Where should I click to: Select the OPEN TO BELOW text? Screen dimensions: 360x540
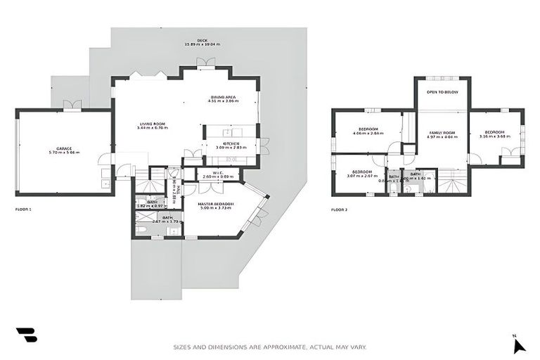click(443, 92)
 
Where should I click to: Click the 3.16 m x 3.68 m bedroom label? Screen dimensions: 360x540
click(494, 134)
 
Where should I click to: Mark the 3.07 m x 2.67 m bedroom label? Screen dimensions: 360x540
click(362, 174)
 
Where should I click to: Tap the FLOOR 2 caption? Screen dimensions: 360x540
click(340, 210)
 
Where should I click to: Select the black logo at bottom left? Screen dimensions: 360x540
click(26, 335)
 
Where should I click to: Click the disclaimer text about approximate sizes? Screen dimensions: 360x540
click(270, 347)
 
